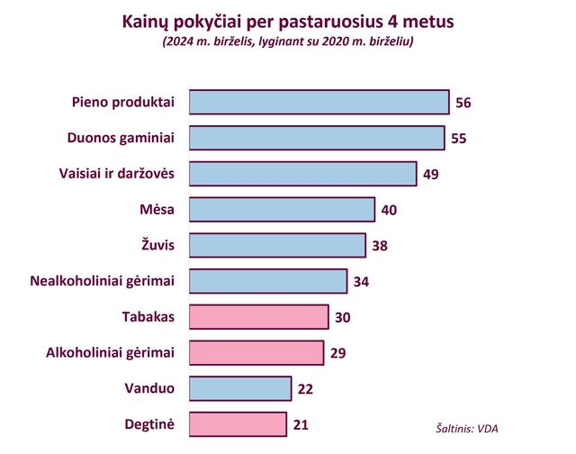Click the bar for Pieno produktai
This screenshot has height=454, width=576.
click(319, 102)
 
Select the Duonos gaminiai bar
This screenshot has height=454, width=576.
click(316, 138)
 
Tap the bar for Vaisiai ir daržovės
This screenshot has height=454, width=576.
click(302, 174)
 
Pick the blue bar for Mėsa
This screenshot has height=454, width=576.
click(282, 210)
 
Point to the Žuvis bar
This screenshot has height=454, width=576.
click(277, 245)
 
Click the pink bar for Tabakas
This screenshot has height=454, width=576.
click(258, 317)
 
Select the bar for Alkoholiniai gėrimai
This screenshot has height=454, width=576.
click(256, 352)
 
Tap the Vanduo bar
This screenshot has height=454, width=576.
click(240, 388)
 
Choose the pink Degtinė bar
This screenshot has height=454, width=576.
click(238, 424)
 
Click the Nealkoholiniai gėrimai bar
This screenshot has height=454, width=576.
click(268, 281)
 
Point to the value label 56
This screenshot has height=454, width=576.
click(463, 103)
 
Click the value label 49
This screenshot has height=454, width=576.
click(430, 175)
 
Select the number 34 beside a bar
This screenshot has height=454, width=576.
click(361, 282)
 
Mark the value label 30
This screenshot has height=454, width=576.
click(342, 317)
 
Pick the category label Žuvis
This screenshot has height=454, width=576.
click(156, 245)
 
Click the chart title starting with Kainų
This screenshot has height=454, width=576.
click(288, 20)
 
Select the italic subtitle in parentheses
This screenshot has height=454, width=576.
click(288, 41)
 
